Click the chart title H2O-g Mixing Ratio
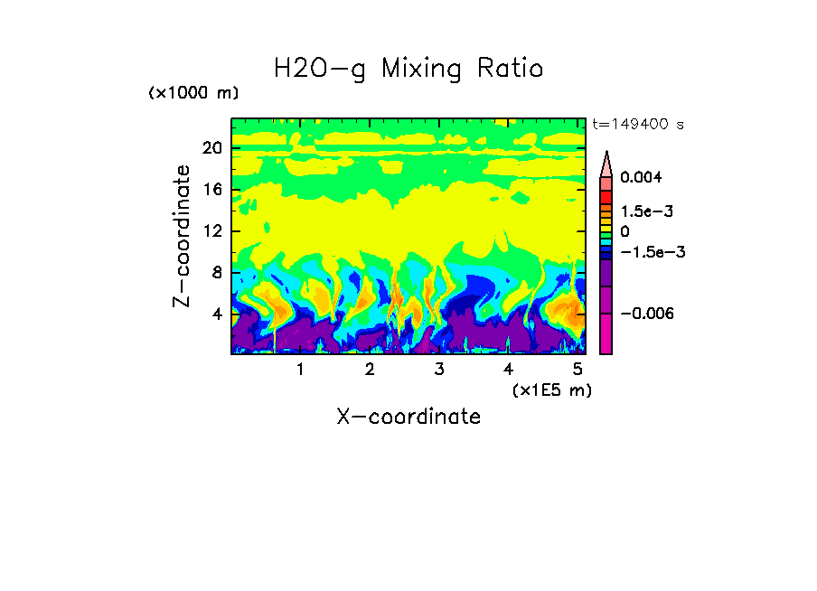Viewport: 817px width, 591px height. pos(408,69)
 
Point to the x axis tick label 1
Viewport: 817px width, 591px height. pos(300,370)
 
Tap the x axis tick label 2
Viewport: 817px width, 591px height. pos(370,370)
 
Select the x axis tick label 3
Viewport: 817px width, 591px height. pos(438,370)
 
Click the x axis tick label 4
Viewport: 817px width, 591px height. pos(508,370)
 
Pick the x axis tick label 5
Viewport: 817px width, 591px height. pos(577,370)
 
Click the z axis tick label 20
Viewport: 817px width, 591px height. pos(211,148)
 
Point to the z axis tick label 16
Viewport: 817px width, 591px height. pos(211,190)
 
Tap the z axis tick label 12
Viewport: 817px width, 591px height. pos(211,231)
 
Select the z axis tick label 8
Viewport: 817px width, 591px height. pos(216,273)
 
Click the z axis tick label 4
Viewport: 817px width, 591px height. pos(216,314)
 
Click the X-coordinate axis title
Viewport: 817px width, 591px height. pos(408,417)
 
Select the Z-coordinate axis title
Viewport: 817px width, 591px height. pos(183,236)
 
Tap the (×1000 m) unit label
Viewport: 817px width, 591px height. pos(193,93)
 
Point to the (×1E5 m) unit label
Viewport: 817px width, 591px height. pos(551,389)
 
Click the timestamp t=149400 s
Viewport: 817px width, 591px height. pos(637,124)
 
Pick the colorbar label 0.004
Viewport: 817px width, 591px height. pos(641,177)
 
